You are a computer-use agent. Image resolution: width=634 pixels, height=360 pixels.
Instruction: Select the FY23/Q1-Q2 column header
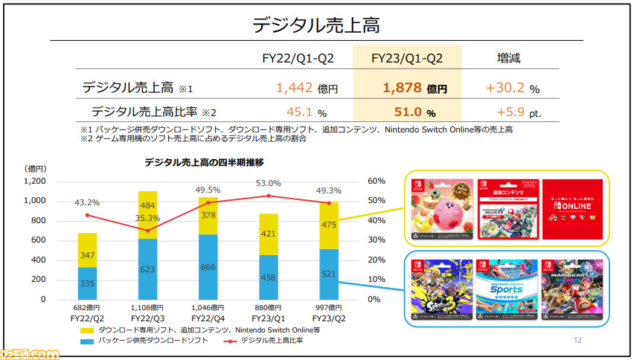click(x=417, y=57)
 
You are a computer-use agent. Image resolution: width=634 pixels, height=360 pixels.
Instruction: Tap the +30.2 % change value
click(x=511, y=88)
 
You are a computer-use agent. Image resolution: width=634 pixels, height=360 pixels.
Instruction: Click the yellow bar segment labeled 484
click(x=147, y=205)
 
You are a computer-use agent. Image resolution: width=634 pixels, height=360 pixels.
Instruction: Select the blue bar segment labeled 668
click(x=208, y=267)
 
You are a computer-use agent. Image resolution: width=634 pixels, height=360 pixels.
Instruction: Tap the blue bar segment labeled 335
click(x=86, y=283)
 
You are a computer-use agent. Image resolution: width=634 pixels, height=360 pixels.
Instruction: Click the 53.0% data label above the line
click(x=268, y=183)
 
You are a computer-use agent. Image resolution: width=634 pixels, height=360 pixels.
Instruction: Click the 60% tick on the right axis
click(x=377, y=181)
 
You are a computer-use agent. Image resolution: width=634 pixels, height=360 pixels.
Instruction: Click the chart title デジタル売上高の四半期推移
click(x=205, y=161)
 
